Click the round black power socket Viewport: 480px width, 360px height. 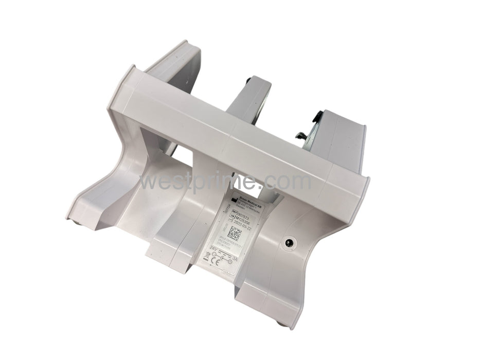pos(288,242)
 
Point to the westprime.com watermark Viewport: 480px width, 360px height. pos(226,182)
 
